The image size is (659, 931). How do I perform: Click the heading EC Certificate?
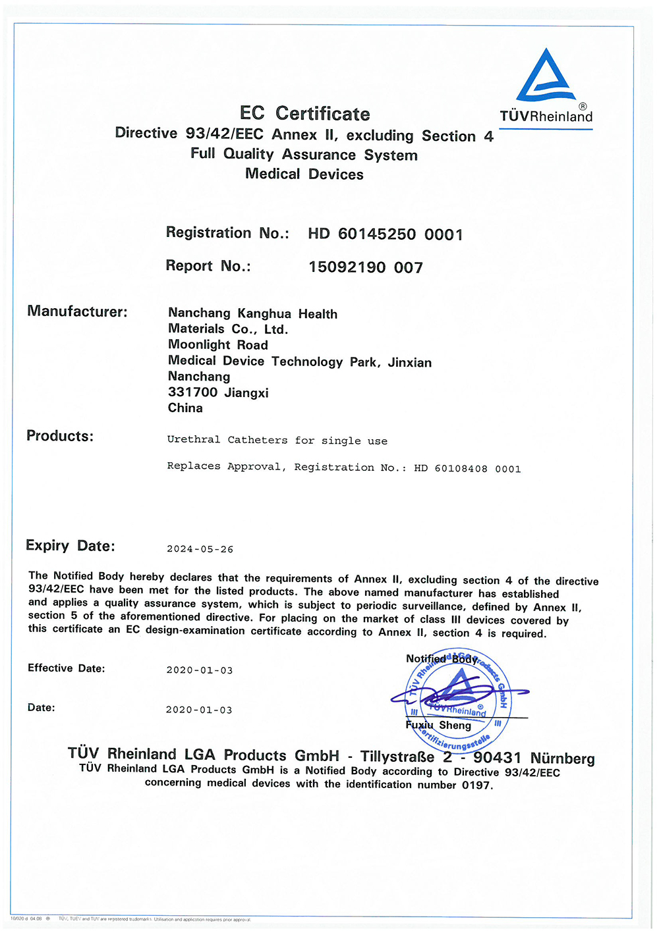[x=304, y=113]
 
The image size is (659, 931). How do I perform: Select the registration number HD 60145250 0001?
[x=386, y=234]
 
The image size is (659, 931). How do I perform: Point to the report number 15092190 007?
[x=366, y=267]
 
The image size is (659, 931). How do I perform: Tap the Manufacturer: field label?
[x=77, y=311]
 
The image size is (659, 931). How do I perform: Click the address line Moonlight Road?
[x=218, y=345]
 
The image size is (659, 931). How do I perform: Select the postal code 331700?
[x=192, y=392]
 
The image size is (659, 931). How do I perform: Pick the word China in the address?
[x=185, y=408]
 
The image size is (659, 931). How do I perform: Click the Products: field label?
[x=60, y=436]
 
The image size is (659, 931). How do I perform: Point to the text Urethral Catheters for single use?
[x=277, y=440]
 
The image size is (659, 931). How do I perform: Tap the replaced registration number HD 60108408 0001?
[x=467, y=469]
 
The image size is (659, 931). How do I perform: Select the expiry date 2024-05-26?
[x=200, y=549]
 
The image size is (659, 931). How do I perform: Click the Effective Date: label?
[x=66, y=668]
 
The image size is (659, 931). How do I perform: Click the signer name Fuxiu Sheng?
[x=438, y=726]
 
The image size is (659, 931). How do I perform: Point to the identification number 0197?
[x=477, y=785]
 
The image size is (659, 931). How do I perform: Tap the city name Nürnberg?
[x=562, y=758]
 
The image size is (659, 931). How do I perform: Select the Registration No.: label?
[x=227, y=233]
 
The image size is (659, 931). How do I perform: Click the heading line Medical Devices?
[x=304, y=174]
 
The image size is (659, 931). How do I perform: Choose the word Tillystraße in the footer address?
[x=397, y=757]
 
